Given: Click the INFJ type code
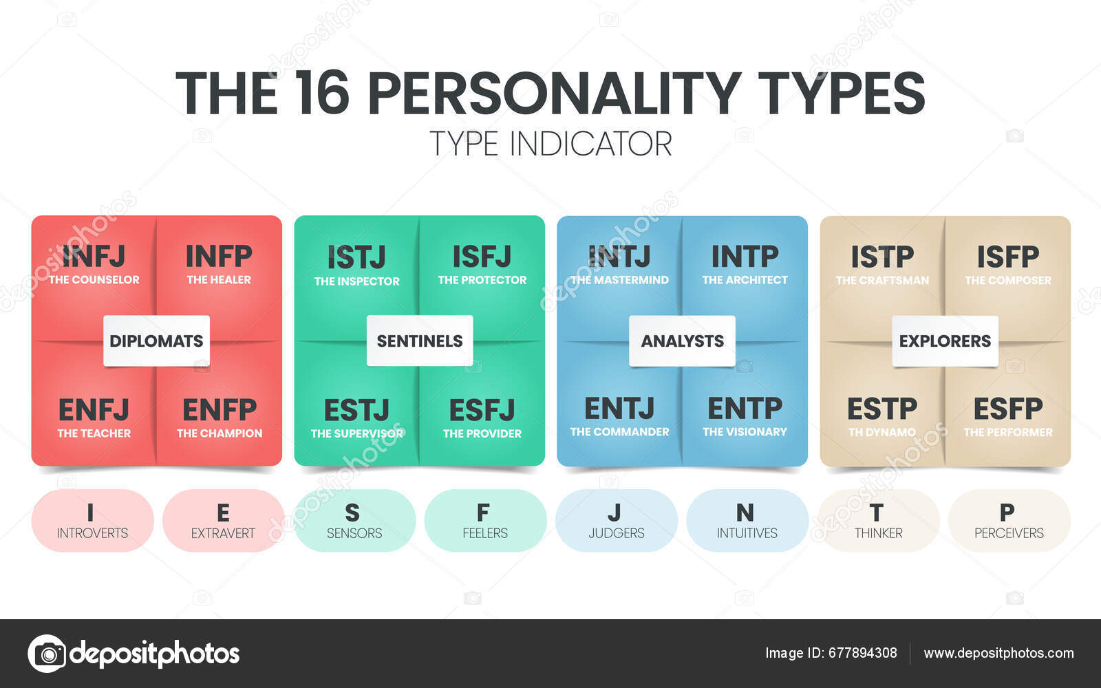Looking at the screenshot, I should (x=94, y=257).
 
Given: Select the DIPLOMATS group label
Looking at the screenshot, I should (x=156, y=341).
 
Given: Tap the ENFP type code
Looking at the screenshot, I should (x=220, y=410).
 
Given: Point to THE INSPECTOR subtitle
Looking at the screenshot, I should (x=356, y=281).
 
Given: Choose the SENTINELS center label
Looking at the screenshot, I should (x=420, y=341).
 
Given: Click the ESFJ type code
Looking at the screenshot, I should (x=482, y=411).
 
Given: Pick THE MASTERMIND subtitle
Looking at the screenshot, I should (x=619, y=280).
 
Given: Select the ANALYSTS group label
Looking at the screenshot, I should (x=682, y=341).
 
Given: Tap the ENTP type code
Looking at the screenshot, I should (x=745, y=409).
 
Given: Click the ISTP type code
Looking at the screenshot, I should (x=882, y=257).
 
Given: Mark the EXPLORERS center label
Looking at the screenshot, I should (x=945, y=341).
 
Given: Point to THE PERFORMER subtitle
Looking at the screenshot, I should (x=1008, y=432).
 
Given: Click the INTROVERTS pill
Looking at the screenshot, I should (x=92, y=521).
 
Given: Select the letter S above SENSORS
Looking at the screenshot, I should (x=352, y=513).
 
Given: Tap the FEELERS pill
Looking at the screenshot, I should (x=485, y=521).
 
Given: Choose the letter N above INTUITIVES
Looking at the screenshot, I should (x=745, y=513).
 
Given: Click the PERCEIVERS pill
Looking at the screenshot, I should (x=1009, y=521).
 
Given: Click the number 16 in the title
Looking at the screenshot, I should (x=322, y=93).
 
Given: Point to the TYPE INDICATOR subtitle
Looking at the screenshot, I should (x=550, y=144).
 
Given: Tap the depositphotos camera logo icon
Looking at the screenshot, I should (x=47, y=653).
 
